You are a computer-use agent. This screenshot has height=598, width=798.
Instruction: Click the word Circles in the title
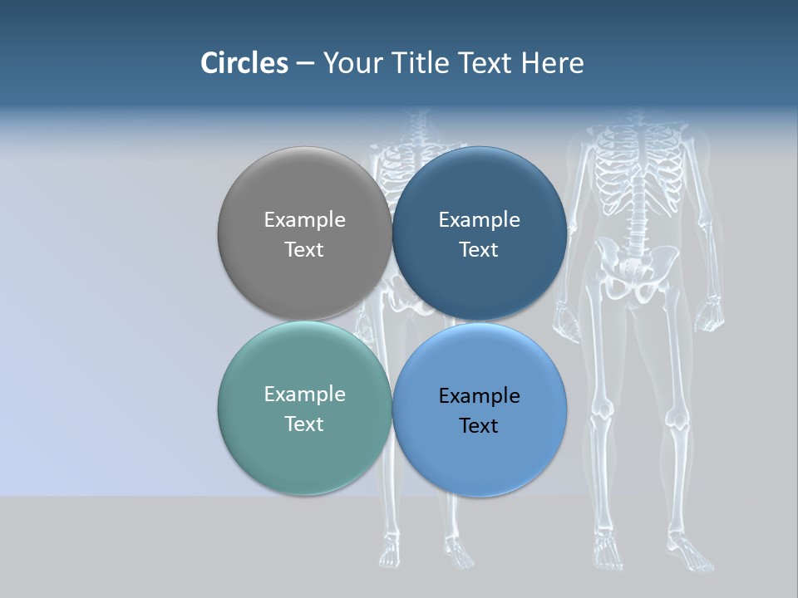click(244, 63)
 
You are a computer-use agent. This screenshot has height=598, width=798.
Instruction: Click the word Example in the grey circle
click(304, 219)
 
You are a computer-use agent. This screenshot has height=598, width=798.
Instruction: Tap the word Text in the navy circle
click(479, 249)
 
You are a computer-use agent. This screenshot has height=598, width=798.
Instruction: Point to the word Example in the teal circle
click(304, 394)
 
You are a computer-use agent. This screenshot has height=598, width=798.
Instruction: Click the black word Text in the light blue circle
click(479, 425)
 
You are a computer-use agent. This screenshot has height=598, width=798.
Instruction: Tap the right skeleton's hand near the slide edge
click(707, 316)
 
